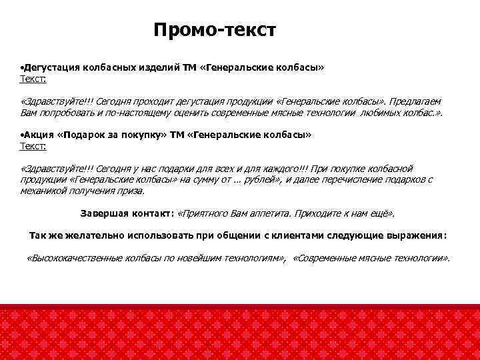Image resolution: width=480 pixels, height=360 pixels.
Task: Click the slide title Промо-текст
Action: (214, 31)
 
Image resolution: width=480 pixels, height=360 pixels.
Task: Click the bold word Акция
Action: (40, 135)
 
